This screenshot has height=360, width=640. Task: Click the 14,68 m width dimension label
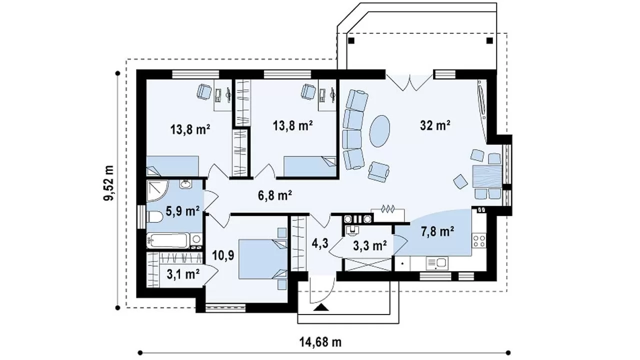(x=320, y=341)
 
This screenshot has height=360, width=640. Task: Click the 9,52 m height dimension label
(x=109, y=183)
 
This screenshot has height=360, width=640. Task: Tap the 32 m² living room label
(x=435, y=125)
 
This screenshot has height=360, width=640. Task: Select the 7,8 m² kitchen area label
(x=437, y=231)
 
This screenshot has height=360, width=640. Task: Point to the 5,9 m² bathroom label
(x=182, y=211)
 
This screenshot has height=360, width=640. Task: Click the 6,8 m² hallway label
(x=274, y=195)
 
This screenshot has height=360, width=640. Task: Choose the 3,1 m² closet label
(x=183, y=274)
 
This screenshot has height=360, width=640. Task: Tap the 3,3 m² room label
(x=370, y=245)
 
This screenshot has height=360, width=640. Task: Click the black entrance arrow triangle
(x=321, y=307)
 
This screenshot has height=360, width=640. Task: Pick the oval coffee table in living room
(x=379, y=131)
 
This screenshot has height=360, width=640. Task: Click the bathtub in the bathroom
(x=167, y=240)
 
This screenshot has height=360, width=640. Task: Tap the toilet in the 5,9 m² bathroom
(x=154, y=217)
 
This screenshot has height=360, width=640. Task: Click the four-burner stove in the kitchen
(x=478, y=240)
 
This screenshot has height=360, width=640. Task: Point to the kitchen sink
(x=437, y=263)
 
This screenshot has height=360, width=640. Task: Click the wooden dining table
(x=487, y=176)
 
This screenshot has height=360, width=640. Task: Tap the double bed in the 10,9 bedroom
(x=263, y=259)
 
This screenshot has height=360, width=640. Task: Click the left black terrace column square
(x=351, y=41)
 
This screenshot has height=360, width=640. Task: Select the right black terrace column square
(x=489, y=41)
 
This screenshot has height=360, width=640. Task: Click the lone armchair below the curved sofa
(x=378, y=171)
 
